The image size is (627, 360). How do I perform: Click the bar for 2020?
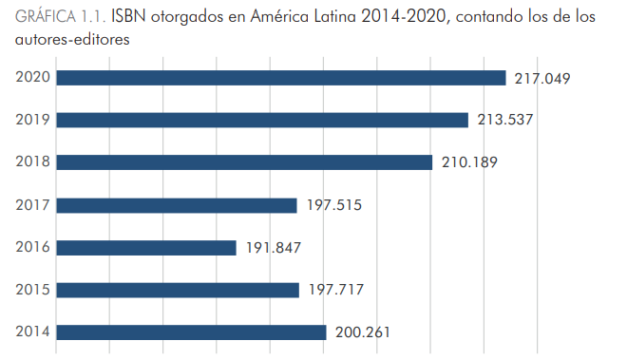(280, 78)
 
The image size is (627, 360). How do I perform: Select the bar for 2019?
(262, 120)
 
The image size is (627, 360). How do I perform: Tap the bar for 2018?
(244, 162)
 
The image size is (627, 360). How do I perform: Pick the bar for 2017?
(177, 205)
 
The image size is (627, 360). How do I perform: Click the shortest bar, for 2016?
(146, 248)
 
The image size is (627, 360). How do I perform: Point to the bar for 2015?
(178, 290)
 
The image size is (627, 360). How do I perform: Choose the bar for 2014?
(191, 332)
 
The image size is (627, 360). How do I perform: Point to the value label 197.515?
(334, 205)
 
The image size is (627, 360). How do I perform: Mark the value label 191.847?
(274, 248)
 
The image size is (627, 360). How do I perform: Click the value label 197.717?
(336, 290)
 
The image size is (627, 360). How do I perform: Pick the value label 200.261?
(363, 332)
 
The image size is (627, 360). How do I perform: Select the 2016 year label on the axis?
(33, 248)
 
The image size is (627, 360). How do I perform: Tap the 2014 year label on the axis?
(33, 332)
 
